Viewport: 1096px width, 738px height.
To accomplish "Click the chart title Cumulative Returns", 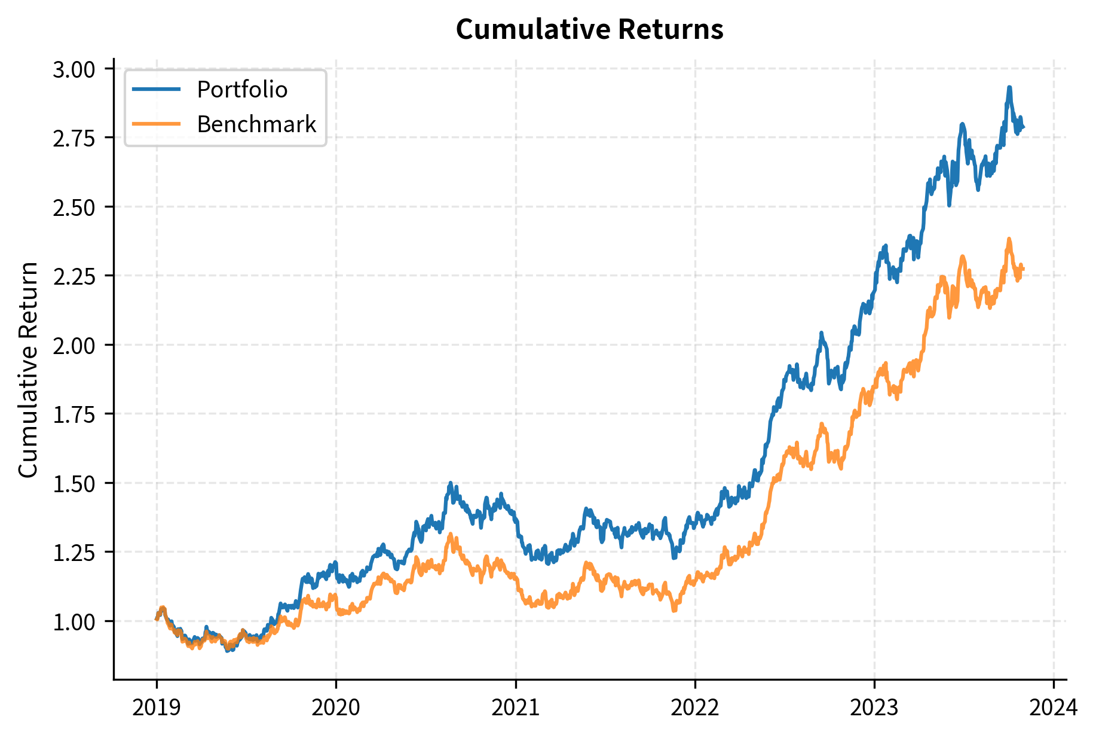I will [x=589, y=29].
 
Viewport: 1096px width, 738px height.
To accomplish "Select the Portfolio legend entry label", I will [x=242, y=90].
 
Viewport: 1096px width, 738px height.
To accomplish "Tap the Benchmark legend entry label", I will [x=256, y=124].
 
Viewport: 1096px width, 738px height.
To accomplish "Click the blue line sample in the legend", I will [x=156, y=90].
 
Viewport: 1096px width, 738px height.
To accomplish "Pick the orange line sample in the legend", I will [x=156, y=124].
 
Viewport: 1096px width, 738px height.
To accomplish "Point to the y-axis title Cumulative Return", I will [x=28, y=370].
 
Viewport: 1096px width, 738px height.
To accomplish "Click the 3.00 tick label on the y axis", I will [x=74, y=70].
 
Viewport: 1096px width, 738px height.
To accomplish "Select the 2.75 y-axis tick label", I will [x=74, y=139].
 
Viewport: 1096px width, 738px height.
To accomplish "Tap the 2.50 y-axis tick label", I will [x=74, y=208].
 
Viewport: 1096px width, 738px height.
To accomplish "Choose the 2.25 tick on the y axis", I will [x=74, y=277].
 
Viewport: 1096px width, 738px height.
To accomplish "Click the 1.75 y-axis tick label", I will [x=74, y=415].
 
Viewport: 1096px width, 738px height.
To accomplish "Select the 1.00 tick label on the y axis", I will [x=74, y=623].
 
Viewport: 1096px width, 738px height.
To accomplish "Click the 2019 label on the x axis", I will [x=157, y=708].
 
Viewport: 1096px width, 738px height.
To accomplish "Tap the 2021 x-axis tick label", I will [x=515, y=708].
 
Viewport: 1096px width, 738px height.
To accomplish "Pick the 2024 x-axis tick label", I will [x=1053, y=708].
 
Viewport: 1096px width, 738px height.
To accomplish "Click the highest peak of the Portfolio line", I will [x=1009, y=87].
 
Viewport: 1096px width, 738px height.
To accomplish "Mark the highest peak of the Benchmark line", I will [x=1009, y=239].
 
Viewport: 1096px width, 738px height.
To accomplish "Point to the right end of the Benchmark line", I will [x=1024, y=269].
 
